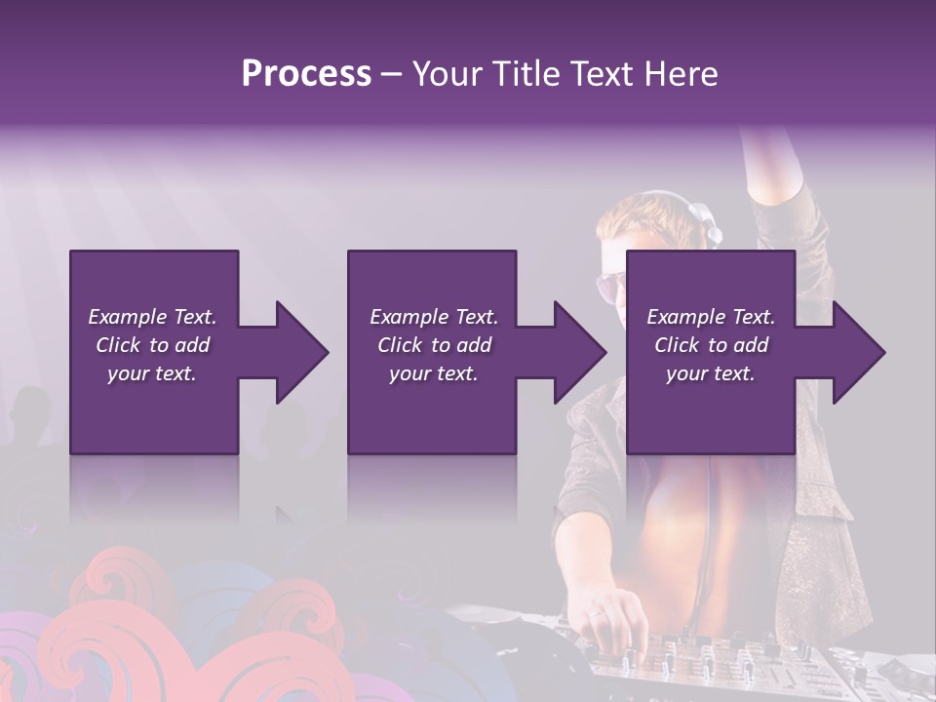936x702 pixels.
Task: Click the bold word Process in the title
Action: coord(306,74)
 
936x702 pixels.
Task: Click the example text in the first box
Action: coord(152,345)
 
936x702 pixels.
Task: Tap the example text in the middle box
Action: coord(433,345)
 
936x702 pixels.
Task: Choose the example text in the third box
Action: coord(710,345)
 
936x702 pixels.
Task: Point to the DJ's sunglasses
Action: coord(612,285)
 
